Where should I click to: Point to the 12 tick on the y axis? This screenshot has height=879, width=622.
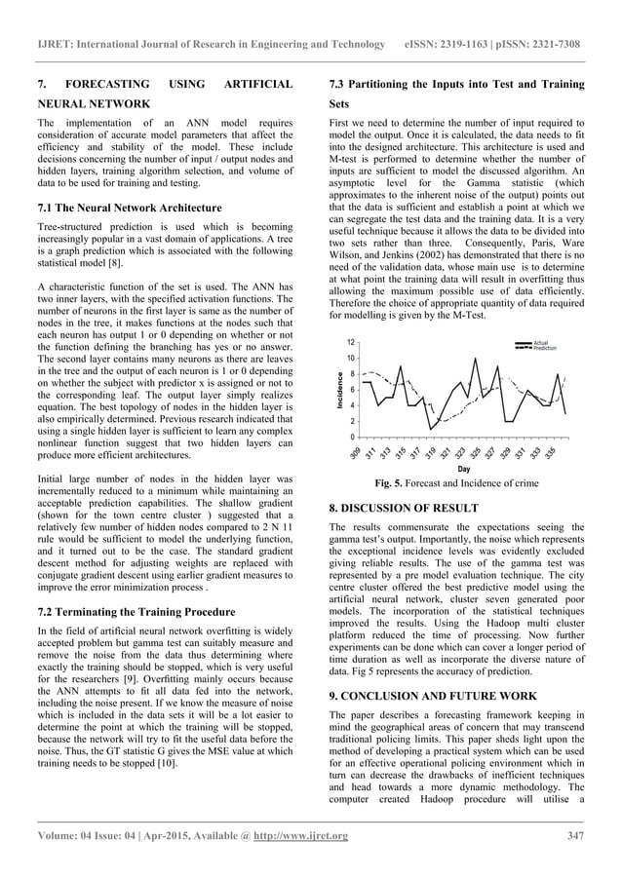click(350, 343)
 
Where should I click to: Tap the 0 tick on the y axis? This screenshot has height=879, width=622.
click(350, 438)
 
